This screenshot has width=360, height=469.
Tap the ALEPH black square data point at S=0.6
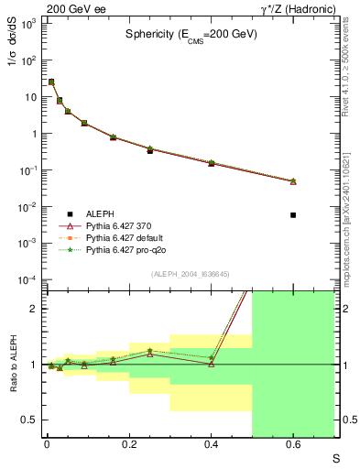293,215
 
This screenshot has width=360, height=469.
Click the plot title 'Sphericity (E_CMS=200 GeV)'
191,34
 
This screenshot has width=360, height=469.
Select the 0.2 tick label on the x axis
128,446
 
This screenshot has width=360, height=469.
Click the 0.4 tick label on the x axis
211,446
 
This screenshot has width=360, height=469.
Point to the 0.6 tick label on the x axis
293,446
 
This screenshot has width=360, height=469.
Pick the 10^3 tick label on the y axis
27,24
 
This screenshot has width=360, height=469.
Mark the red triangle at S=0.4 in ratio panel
211,364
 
